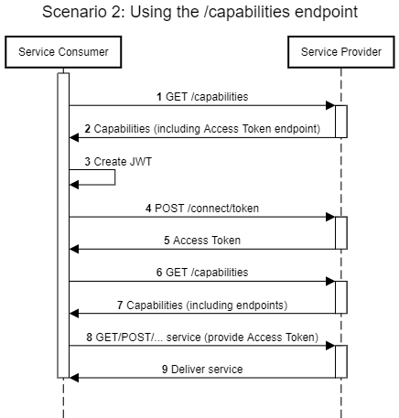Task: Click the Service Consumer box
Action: pyautogui.click(x=63, y=52)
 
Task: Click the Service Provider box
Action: pyautogui.click(x=341, y=52)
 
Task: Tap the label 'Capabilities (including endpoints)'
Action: pyautogui.click(x=201, y=304)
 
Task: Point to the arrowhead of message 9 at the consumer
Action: pyautogui.click(x=74, y=377)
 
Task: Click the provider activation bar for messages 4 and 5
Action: pyautogui.click(x=341, y=232)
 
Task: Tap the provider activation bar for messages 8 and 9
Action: pyautogui.click(x=341, y=361)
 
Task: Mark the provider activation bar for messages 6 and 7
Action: pyautogui.click(x=341, y=297)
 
